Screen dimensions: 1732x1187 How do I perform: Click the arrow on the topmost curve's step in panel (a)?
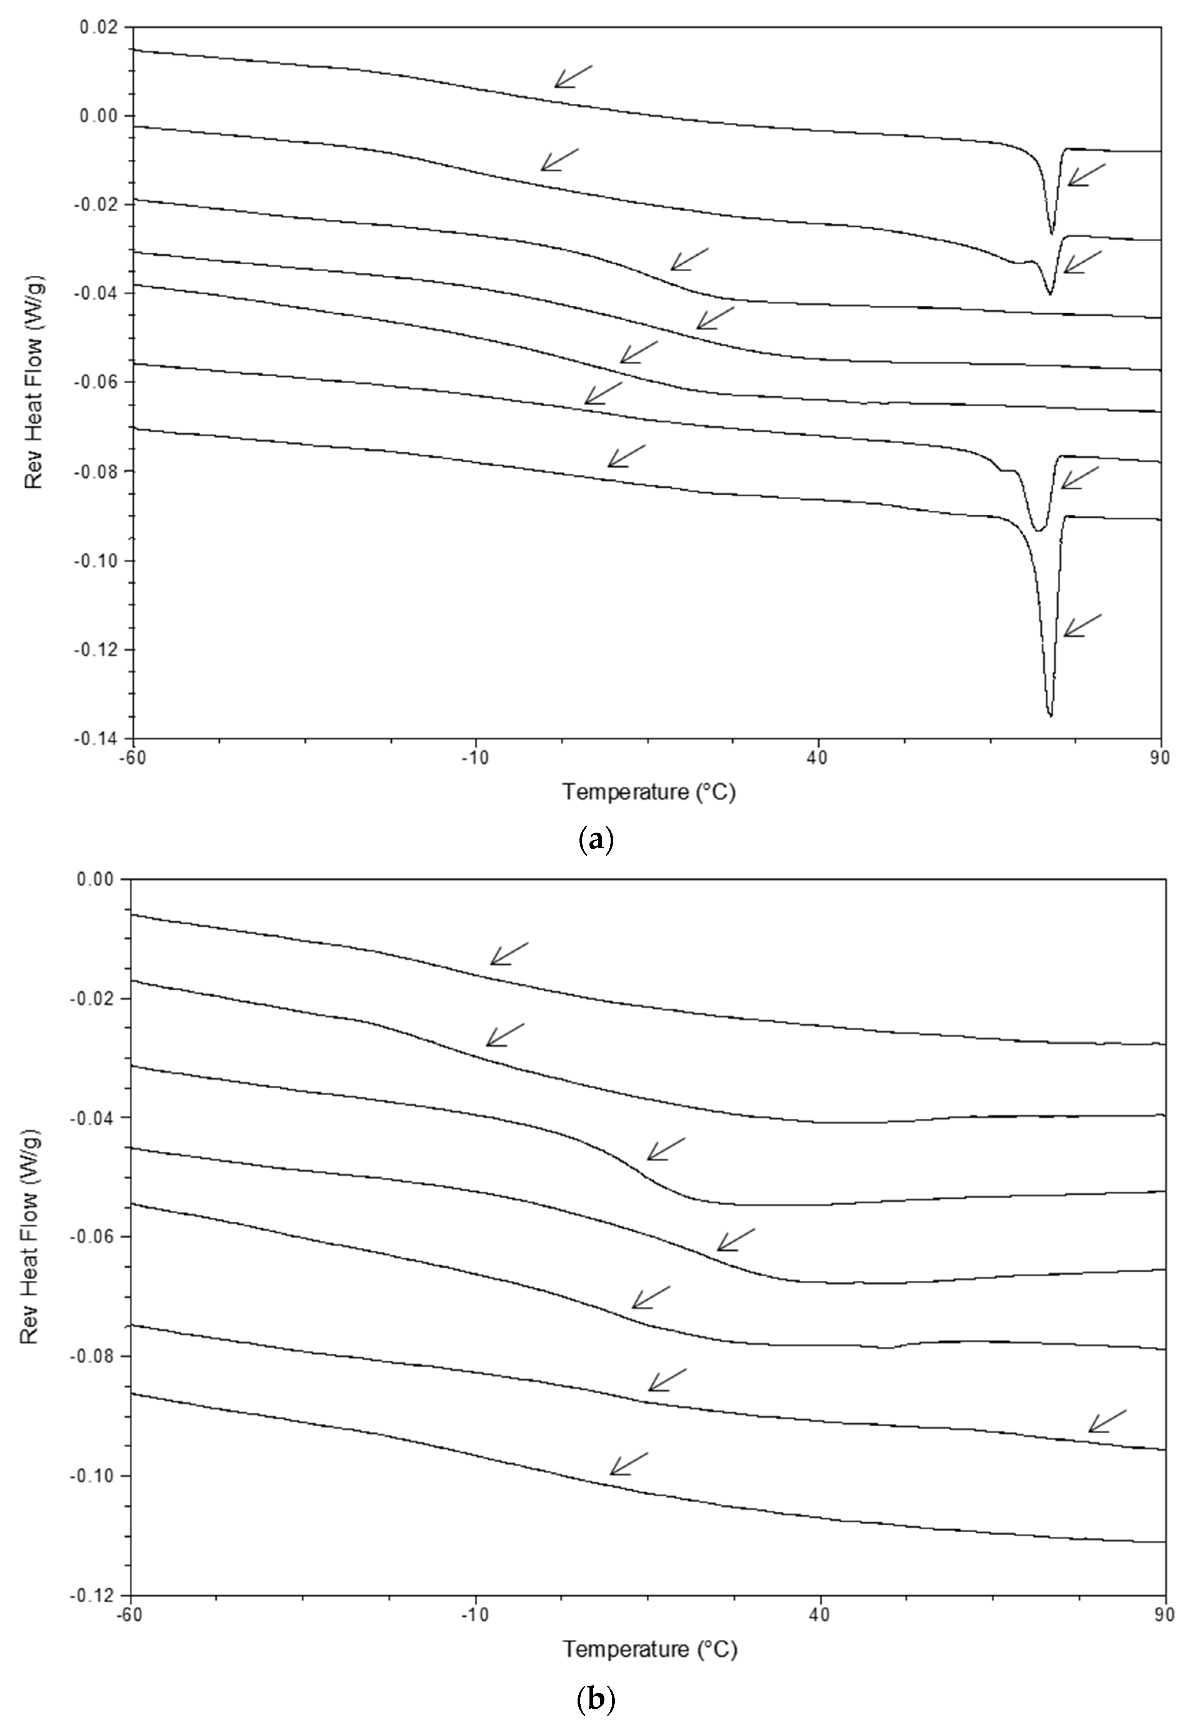coord(572,76)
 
